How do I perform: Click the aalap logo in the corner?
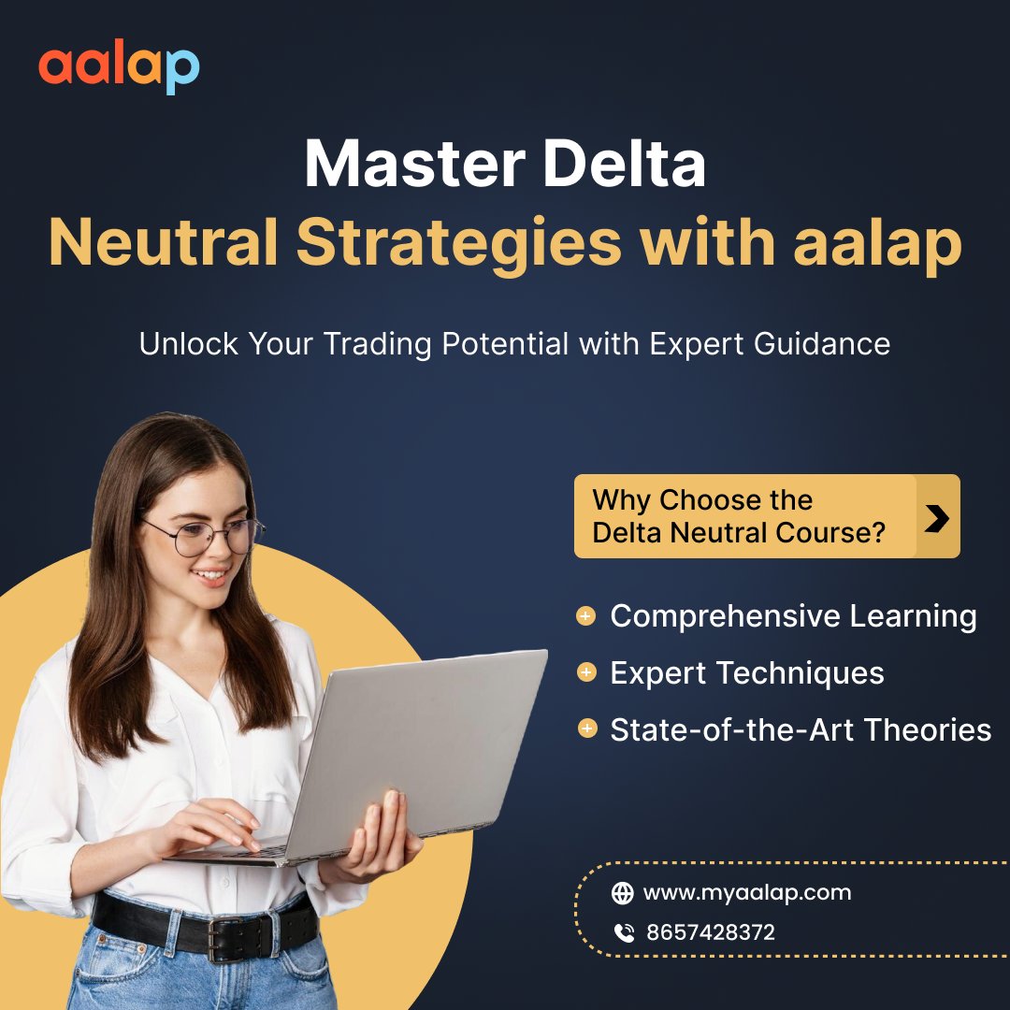point(119,68)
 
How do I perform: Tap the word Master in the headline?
point(411,165)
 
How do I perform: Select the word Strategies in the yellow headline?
point(459,242)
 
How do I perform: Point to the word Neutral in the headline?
point(164,242)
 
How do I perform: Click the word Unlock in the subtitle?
point(188,344)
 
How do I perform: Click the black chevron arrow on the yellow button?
point(936,516)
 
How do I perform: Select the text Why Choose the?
point(701,500)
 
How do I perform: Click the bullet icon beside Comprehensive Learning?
point(586,616)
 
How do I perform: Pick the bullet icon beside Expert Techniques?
point(586,672)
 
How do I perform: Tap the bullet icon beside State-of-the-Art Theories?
point(586,729)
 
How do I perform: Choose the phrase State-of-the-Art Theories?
point(801,729)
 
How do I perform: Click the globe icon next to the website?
point(622,893)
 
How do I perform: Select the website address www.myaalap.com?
point(747,892)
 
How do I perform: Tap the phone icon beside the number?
point(623,932)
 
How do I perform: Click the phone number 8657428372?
point(711,932)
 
